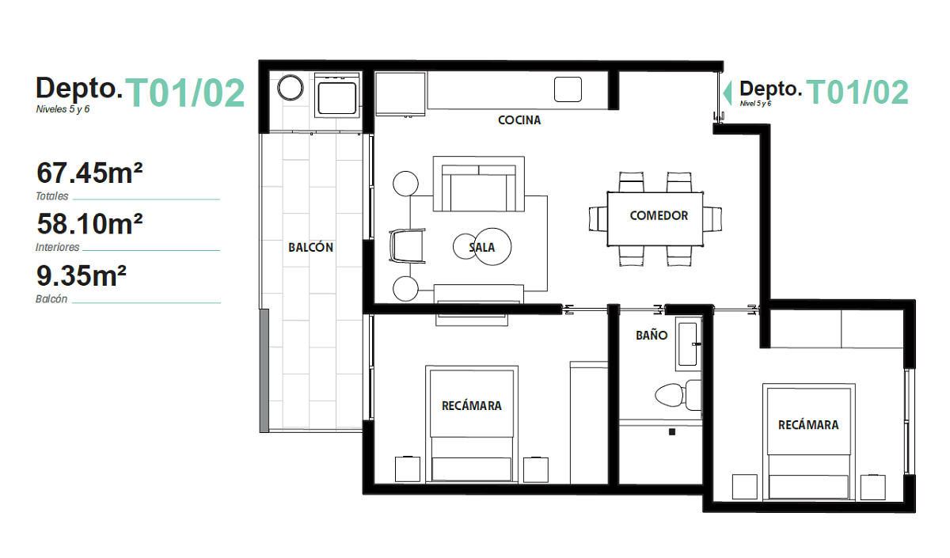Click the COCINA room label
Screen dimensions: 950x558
coord(519,120)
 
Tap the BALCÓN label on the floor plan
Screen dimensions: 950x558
coord(310,247)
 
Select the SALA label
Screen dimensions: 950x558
coord(482,247)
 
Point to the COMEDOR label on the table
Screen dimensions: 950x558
coord(659,215)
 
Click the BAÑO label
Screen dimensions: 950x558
coord(652,335)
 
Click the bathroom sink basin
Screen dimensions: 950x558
coord(687,344)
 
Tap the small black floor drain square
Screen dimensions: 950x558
coord(672,432)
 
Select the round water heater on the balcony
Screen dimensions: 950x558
coord(290,88)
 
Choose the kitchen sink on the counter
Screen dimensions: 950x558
coord(568,89)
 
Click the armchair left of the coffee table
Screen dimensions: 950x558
coord(407,246)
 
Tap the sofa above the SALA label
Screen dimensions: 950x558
coord(478,184)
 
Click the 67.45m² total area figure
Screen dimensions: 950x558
coord(89,173)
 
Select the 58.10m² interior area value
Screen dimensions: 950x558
coord(89,224)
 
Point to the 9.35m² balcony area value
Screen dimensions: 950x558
coord(82,275)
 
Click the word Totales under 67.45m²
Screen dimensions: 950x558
coord(51,196)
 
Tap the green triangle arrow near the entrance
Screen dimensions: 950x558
coord(728,93)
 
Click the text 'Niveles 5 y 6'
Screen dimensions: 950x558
coord(63,109)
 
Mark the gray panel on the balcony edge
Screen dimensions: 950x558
coord(264,370)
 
